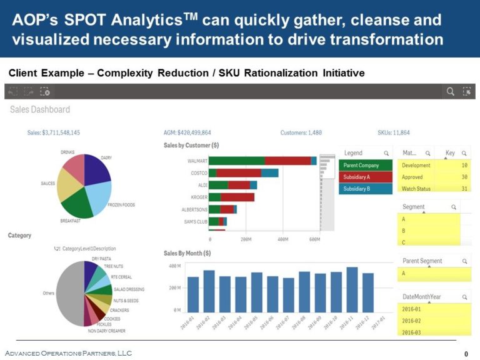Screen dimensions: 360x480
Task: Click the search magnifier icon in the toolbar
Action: (x=450, y=92)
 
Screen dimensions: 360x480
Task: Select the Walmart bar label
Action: (x=197, y=161)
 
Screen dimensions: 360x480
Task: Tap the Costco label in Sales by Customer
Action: (x=199, y=173)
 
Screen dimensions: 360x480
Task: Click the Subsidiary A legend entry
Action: (x=366, y=177)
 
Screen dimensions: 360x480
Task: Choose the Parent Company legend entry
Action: (x=366, y=166)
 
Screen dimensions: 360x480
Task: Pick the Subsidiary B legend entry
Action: (x=366, y=189)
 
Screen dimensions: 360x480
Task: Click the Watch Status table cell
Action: (x=416, y=189)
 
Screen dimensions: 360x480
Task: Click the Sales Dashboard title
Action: (x=40, y=109)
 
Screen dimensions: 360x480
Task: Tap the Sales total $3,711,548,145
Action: (x=54, y=133)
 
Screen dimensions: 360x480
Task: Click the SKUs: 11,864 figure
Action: (x=394, y=133)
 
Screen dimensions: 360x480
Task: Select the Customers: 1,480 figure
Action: (x=301, y=133)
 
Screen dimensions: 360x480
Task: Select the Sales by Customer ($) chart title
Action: (x=191, y=145)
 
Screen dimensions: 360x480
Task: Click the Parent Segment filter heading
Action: (x=422, y=261)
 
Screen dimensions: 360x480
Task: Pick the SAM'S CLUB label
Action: (x=195, y=222)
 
